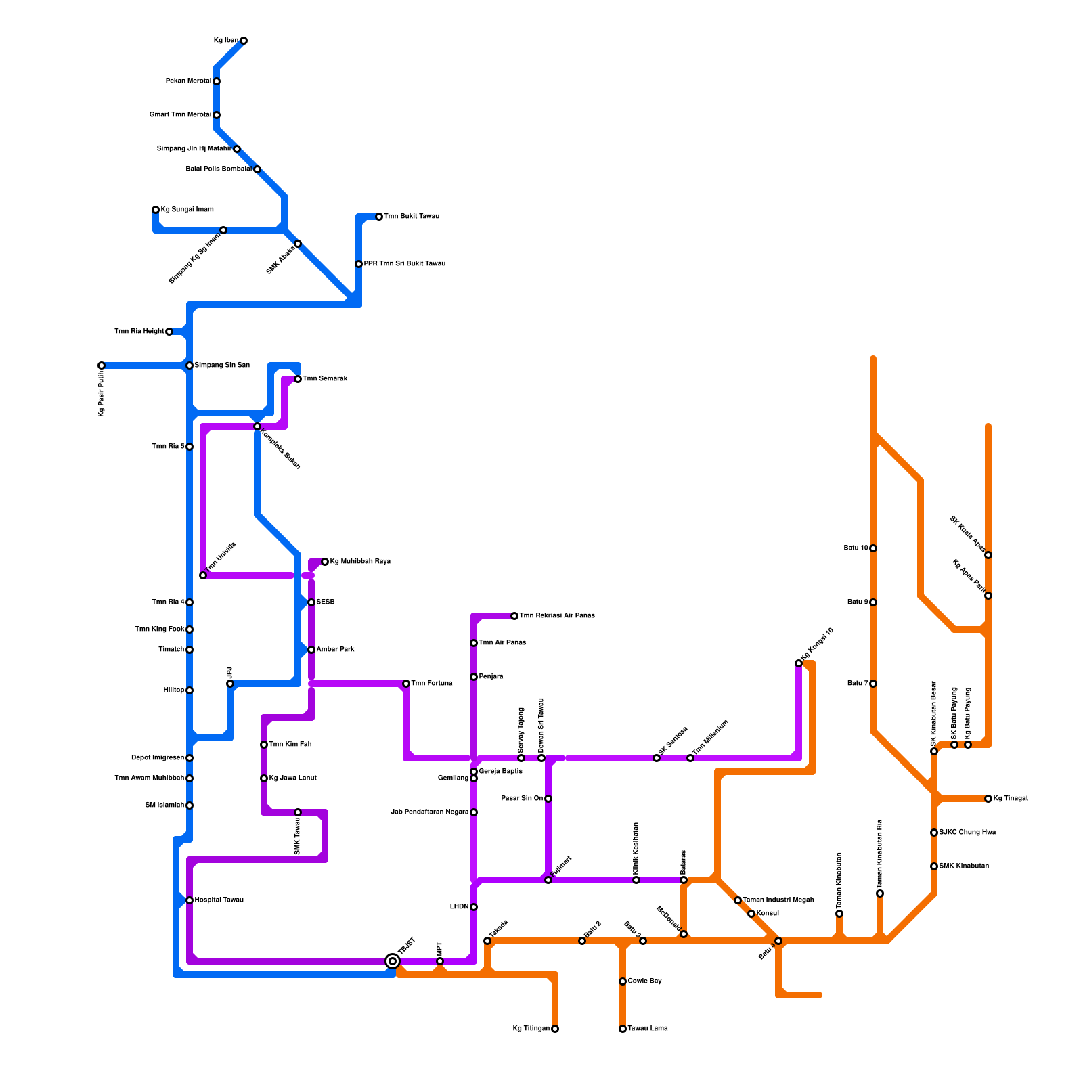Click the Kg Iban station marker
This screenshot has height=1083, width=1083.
point(244,41)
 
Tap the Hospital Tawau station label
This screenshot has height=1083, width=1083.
point(219,900)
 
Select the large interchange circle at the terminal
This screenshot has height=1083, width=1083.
point(393,961)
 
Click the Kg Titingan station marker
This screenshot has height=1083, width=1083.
point(555,1029)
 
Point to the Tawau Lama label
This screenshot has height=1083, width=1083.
point(648,1029)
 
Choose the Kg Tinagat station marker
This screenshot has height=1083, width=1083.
point(988,799)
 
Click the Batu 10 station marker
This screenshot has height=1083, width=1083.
point(873,548)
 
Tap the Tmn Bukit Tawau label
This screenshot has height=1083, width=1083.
point(412,217)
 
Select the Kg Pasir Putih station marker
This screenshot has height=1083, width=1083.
point(102,366)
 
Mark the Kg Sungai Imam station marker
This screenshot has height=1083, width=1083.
point(156,210)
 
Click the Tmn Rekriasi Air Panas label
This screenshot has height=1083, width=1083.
point(557,616)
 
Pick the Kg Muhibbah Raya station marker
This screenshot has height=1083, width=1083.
point(325,562)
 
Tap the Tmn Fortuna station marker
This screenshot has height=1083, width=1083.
point(406,684)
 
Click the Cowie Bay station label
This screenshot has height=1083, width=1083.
point(644,981)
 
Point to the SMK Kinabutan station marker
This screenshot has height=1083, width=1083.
point(934,866)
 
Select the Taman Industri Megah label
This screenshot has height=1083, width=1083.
point(778,900)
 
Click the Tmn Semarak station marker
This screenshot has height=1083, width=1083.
point(298,379)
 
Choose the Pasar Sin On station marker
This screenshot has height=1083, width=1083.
point(548,799)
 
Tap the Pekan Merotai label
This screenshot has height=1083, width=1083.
point(188,81)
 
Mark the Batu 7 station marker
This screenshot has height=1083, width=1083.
point(873,684)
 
